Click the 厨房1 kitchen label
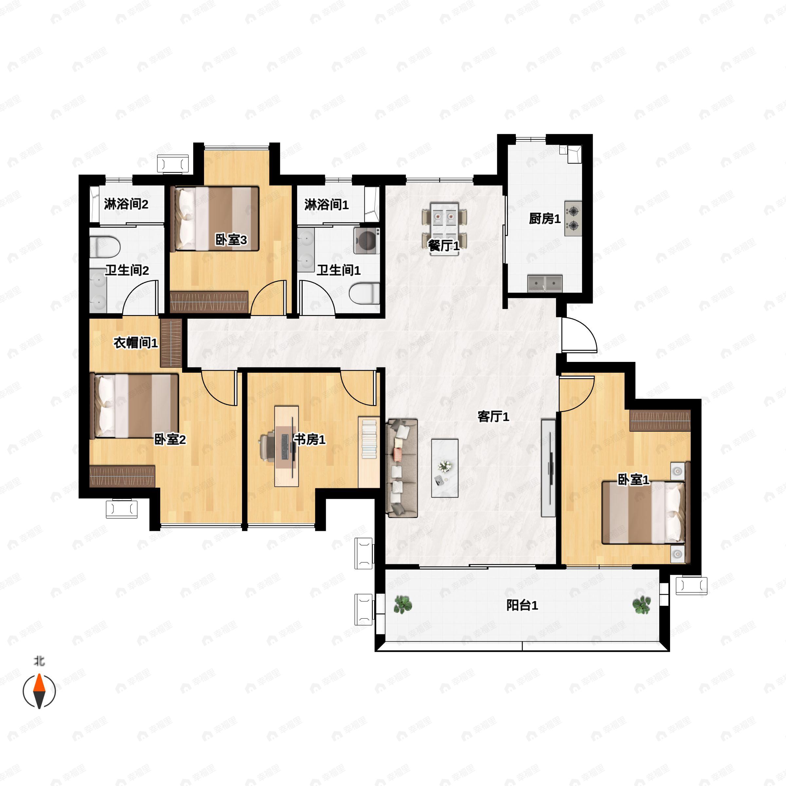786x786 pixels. click(x=545, y=219)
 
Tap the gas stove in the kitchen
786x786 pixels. click(x=573, y=218)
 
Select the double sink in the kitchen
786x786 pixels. click(x=545, y=283)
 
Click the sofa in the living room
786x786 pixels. click(x=402, y=468)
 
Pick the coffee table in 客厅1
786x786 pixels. click(x=445, y=468)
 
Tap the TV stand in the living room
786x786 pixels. click(x=549, y=468)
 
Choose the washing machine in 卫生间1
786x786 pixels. click(x=366, y=240)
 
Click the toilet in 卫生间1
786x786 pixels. click(x=364, y=294)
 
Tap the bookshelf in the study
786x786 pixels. click(x=368, y=452)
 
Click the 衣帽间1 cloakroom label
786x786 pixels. click(x=136, y=343)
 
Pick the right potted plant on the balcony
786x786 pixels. click(x=642, y=605)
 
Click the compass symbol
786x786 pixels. click(x=39, y=691)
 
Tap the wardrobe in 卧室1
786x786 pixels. click(x=660, y=420)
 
